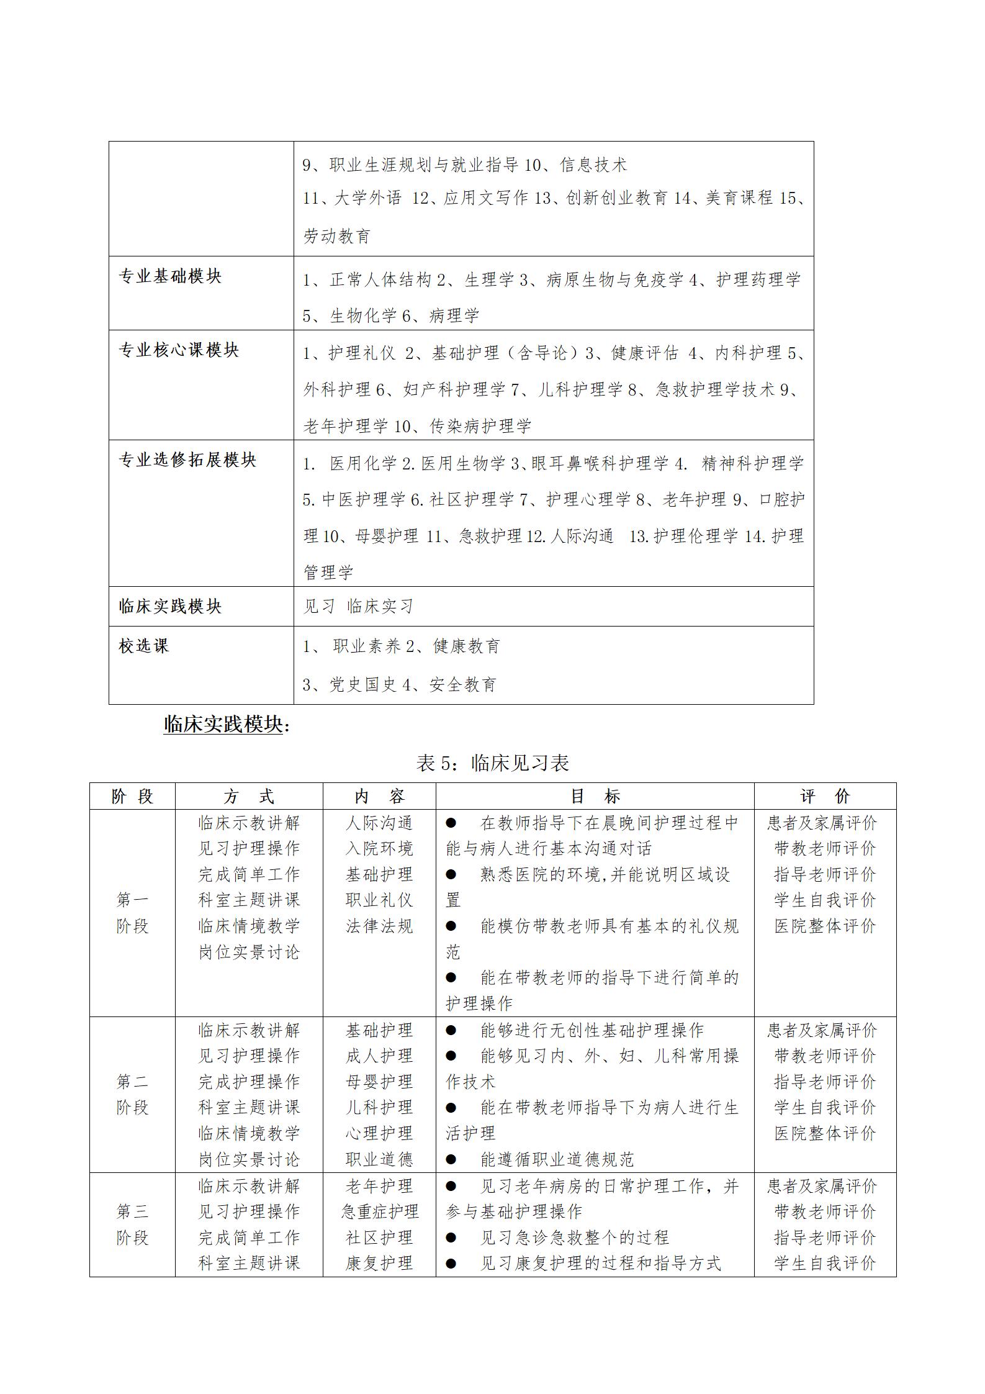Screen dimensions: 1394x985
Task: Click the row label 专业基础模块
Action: point(170,276)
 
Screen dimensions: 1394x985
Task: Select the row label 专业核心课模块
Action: point(179,350)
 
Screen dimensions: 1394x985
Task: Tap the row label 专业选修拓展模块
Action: point(187,460)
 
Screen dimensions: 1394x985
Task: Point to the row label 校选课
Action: point(144,646)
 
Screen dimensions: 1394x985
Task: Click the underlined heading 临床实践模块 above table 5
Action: point(223,724)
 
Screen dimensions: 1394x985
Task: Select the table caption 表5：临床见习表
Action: point(492,763)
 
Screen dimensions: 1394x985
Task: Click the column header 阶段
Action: point(132,797)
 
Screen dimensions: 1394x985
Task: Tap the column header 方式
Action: point(249,797)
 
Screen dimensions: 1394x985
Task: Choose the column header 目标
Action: point(595,797)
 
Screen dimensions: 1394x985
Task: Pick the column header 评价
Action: point(825,797)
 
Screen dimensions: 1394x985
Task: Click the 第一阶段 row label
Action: point(132,913)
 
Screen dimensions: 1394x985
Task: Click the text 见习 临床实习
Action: point(358,606)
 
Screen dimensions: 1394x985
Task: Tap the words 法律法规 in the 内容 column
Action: point(379,926)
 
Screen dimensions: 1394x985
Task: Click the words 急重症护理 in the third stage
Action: point(379,1211)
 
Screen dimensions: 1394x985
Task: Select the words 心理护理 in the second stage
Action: point(379,1133)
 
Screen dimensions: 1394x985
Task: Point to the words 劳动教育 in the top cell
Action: point(337,236)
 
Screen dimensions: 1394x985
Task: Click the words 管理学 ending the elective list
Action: point(328,572)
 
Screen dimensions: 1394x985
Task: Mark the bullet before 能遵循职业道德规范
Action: point(451,1159)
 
